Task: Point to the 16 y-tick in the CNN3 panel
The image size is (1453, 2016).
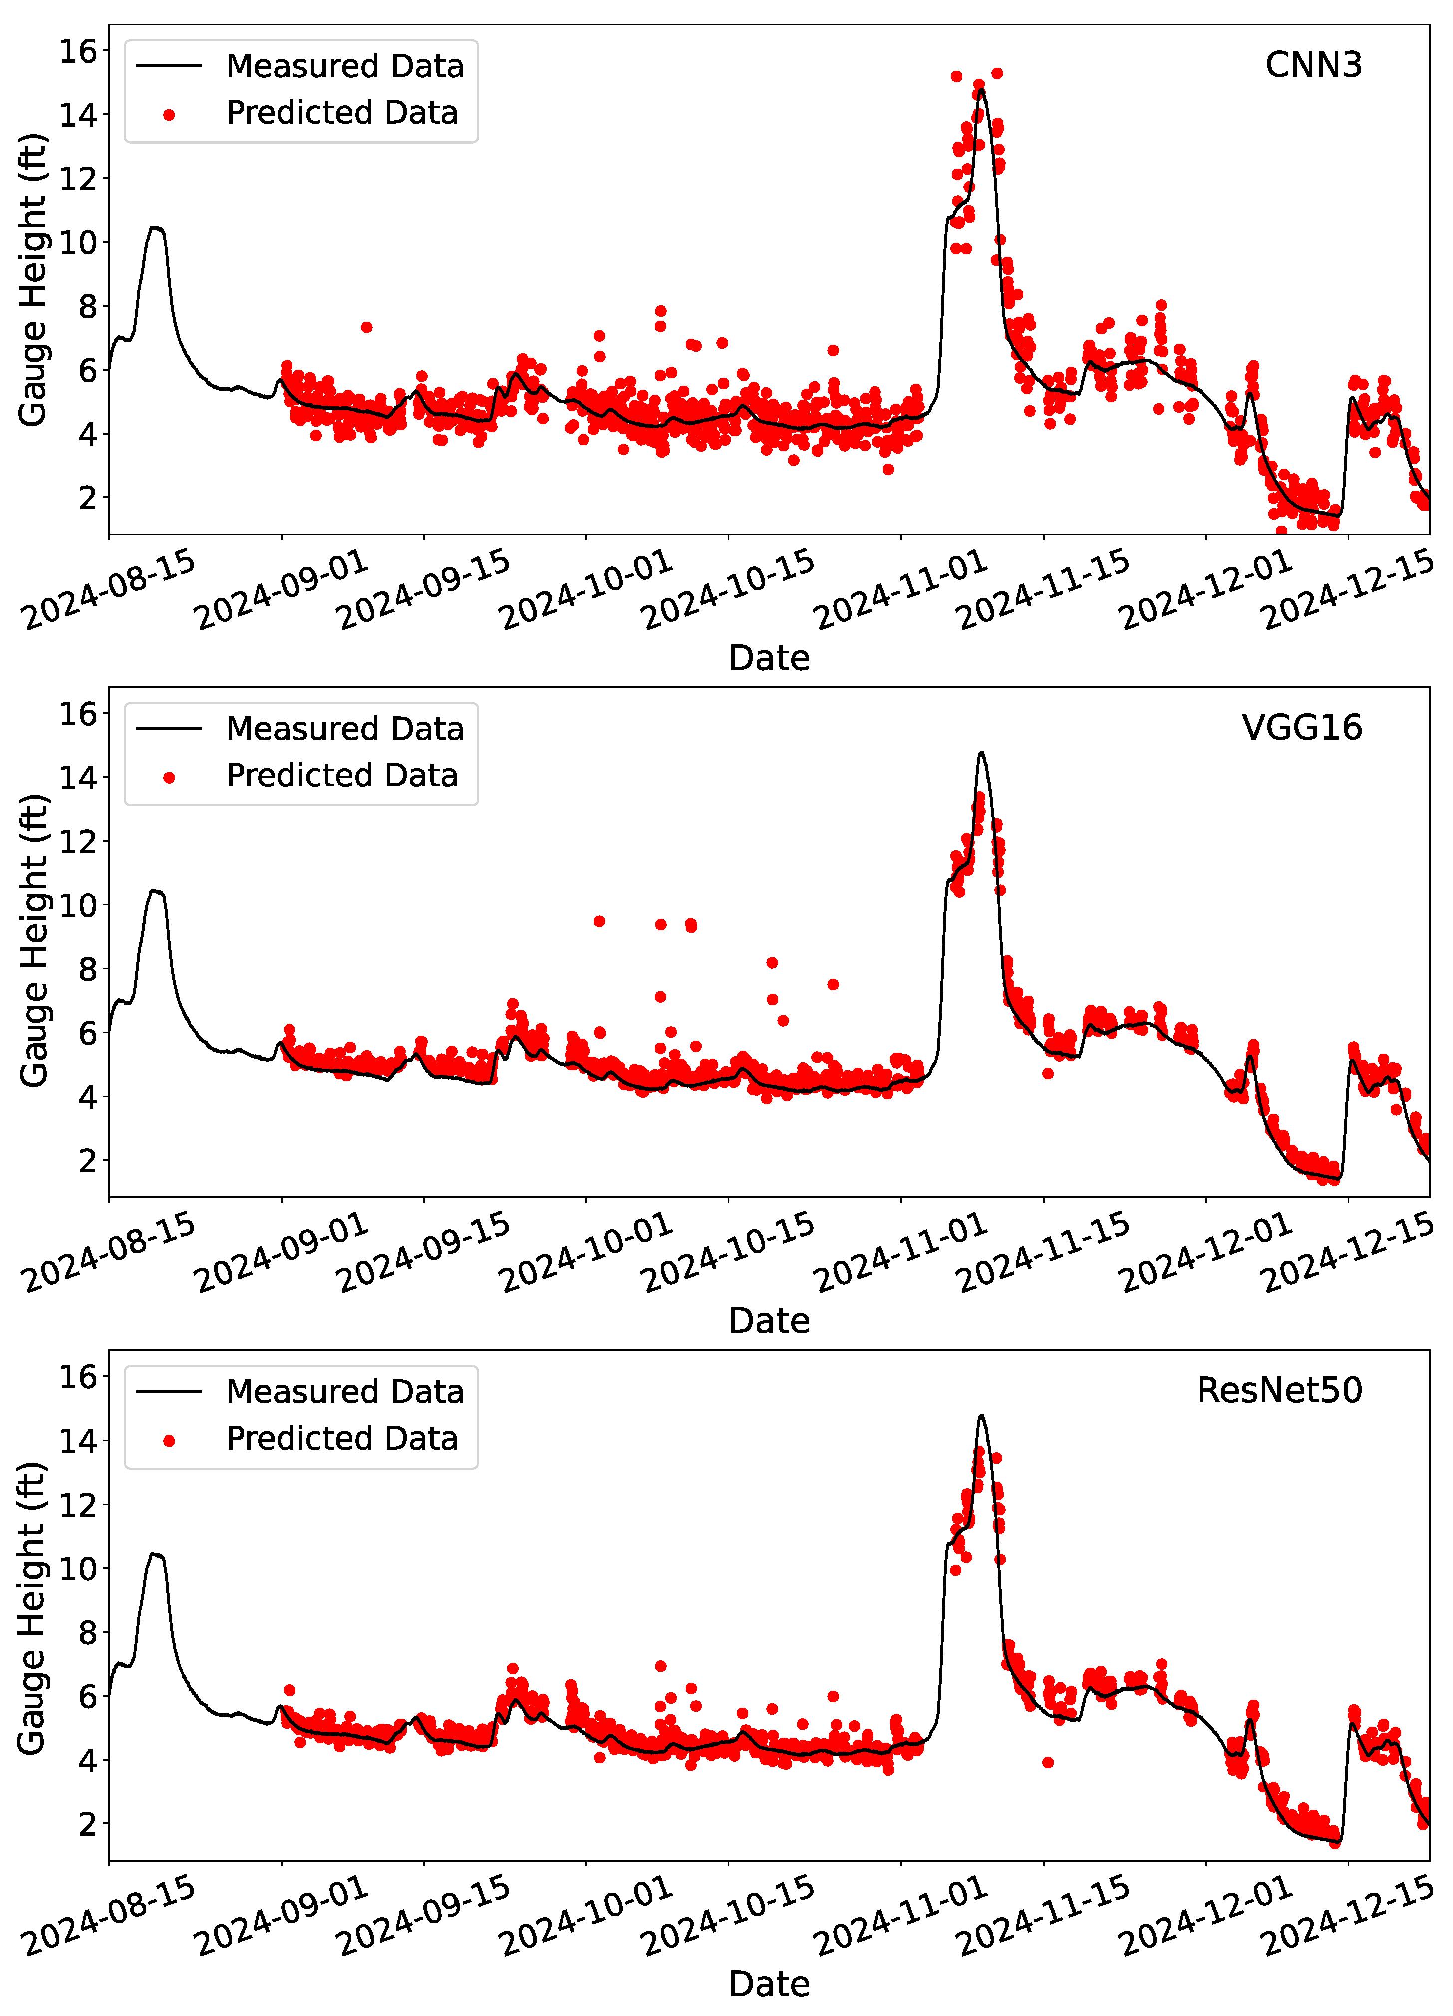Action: pyautogui.click(x=78, y=51)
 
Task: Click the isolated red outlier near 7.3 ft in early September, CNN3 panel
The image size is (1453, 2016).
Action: pyautogui.click(x=366, y=327)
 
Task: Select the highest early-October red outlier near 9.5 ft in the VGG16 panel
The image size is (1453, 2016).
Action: pyautogui.click(x=599, y=922)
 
